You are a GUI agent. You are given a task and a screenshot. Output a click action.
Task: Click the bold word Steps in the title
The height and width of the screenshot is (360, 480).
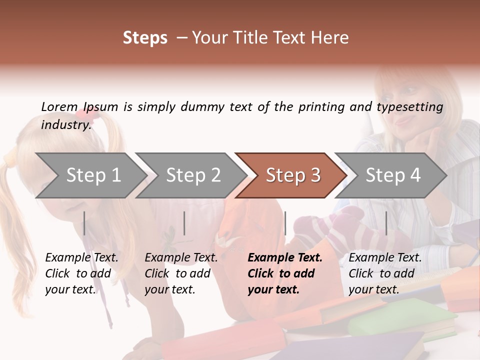tap(145, 38)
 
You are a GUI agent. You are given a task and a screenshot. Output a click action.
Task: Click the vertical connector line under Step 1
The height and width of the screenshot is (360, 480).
tap(84, 223)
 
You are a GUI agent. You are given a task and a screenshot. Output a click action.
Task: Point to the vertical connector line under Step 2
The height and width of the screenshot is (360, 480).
tap(184, 223)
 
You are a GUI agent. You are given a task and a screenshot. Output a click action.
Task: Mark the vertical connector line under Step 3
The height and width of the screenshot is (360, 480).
tap(285, 223)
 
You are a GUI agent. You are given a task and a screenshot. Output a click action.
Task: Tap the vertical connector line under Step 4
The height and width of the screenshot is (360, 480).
tap(386, 223)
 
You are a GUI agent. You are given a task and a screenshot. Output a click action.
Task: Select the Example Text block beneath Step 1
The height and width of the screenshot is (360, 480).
tap(81, 273)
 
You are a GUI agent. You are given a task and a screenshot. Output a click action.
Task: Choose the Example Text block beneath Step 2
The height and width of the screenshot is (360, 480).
tap(181, 273)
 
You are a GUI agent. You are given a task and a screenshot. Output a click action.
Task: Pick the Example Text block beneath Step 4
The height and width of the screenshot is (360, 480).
tap(385, 273)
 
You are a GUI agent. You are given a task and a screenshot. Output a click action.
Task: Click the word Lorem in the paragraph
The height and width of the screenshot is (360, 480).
tap(59, 106)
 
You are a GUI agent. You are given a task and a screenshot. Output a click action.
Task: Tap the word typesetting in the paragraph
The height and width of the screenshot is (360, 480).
tap(409, 107)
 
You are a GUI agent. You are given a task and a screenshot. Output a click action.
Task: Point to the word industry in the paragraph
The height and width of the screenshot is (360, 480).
tap(65, 124)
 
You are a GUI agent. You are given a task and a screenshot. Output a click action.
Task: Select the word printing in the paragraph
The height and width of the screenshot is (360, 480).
tap(321, 107)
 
